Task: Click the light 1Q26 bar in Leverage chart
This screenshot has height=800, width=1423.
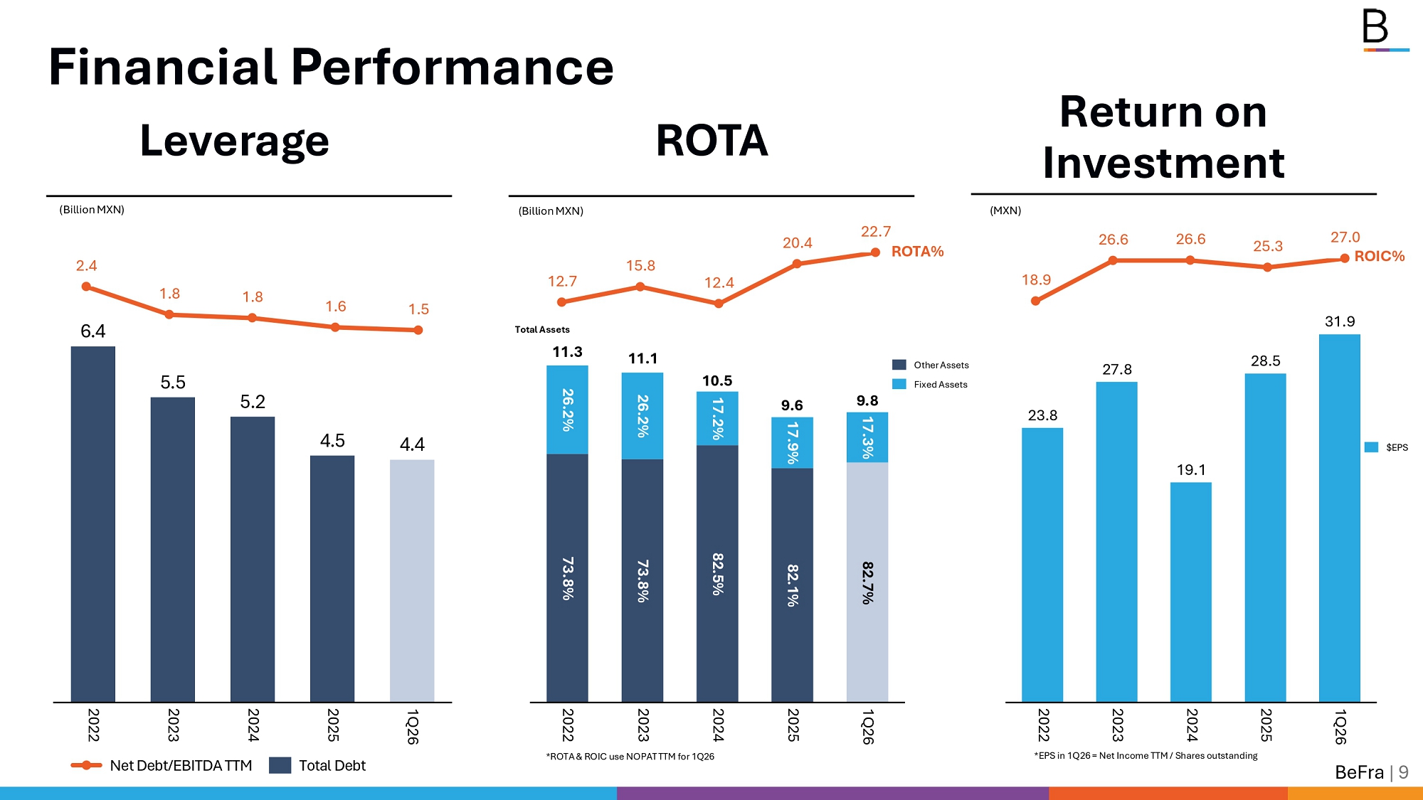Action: tap(412, 580)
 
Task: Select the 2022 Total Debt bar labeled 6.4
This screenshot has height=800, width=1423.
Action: tap(93, 524)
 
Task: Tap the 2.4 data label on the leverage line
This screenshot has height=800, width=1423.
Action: tap(86, 265)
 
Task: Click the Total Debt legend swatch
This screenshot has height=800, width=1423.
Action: tap(280, 765)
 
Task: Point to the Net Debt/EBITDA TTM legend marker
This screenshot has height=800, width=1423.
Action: tap(86, 765)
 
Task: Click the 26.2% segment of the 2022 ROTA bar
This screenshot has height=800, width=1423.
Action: tap(567, 410)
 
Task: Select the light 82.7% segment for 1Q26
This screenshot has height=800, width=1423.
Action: tap(867, 582)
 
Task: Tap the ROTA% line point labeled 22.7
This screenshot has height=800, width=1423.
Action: tap(876, 252)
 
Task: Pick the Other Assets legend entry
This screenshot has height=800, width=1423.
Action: tap(931, 365)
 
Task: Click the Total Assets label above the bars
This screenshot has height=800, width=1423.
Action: tap(542, 329)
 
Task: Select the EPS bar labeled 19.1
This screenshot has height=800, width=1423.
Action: tap(1191, 592)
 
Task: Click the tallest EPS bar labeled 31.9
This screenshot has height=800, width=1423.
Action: tap(1340, 518)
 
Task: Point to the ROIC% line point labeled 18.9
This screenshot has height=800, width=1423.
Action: tap(1035, 301)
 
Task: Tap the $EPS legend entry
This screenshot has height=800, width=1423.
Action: tap(1386, 447)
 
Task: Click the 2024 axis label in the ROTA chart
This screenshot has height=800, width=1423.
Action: tap(718, 725)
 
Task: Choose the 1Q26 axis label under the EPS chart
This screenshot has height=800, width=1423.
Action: tap(1340, 726)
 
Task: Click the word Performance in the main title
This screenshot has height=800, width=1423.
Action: tap(453, 67)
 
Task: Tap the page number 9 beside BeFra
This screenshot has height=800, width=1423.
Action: tap(1403, 772)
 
